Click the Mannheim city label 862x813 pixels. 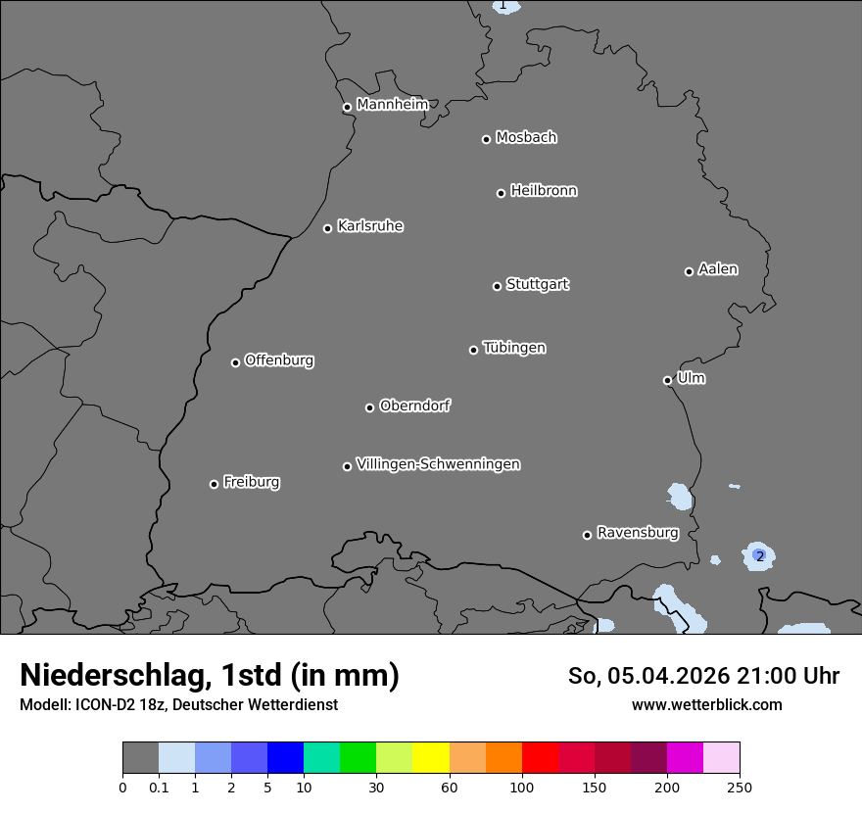[392, 104]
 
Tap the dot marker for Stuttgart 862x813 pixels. [497, 286]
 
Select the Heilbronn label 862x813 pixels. [544, 190]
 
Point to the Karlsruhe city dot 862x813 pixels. [327, 228]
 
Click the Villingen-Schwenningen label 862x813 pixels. [438, 463]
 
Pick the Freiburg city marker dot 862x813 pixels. [214, 484]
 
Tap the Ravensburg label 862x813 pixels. [638, 533]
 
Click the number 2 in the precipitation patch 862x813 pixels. [759, 556]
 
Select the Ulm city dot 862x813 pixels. [667, 380]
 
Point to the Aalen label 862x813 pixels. [718, 268]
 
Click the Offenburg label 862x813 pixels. [279, 359]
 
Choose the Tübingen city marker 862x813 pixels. [473, 350]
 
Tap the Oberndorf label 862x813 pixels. [414, 405]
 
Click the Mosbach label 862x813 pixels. [526, 137]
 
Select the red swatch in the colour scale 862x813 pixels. [540, 758]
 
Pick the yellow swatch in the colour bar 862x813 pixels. [431, 758]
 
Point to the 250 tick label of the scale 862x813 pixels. [739, 787]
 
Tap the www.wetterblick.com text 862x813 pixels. [706, 704]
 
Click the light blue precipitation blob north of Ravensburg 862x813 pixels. [679, 497]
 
